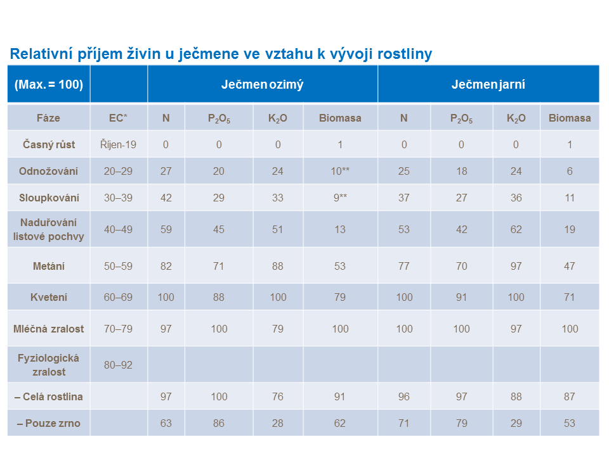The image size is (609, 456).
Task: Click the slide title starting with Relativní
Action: click(221, 54)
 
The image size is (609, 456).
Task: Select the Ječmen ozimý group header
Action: click(262, 84)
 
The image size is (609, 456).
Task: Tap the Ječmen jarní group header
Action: click(488, 84)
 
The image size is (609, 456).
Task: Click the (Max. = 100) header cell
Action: click(49, 84)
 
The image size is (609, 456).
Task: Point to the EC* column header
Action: click(118, 118)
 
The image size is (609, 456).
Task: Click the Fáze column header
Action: click(49, 118)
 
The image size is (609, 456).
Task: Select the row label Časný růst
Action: click(49, 144)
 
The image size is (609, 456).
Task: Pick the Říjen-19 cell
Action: click(118, 144)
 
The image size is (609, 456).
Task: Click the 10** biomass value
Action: click(340, 171)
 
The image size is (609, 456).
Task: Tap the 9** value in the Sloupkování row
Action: click(340, 198)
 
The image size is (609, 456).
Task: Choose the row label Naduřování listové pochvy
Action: click(49, 229)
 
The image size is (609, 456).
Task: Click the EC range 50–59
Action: click(118, 266)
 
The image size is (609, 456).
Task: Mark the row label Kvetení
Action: click(49, 297)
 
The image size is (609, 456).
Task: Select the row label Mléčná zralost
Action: click(49, 329)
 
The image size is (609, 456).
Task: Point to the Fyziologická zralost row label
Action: click(49, 365)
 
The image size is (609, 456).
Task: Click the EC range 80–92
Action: click(118, 365)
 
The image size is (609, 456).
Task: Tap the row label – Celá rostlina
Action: click(49, 396)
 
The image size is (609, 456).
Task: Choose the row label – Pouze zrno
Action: click(49, 423)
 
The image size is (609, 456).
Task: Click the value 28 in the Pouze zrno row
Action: click(278, 423)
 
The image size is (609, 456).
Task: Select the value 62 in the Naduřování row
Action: click(516, 229)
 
